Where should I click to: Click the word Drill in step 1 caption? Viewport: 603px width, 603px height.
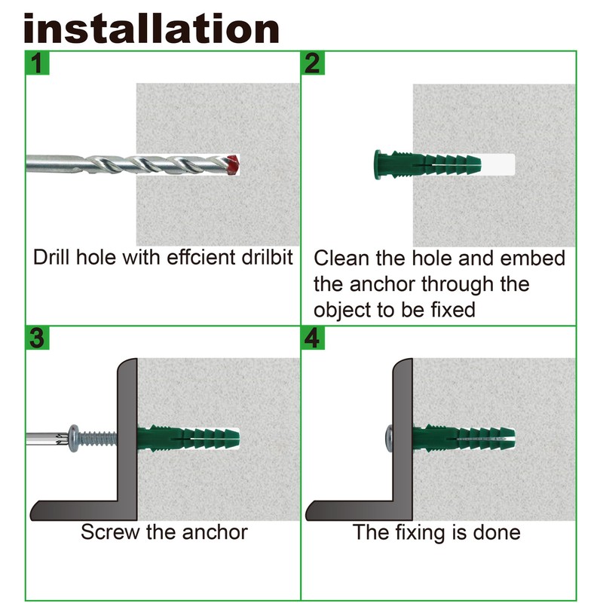(51, 256)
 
